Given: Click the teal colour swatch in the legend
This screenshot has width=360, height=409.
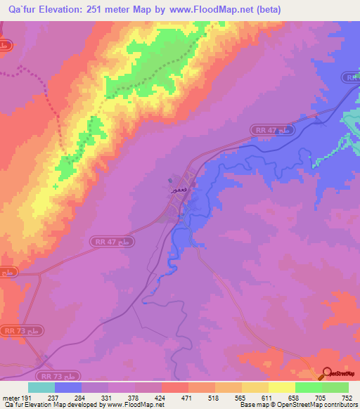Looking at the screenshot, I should [41, 387].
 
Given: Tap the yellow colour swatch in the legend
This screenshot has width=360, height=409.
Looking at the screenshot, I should [281, 387].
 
